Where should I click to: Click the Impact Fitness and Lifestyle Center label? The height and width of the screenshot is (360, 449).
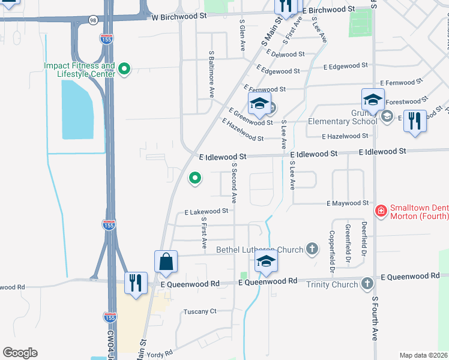tap(79, 70)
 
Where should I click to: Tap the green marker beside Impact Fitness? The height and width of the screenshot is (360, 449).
tap(124, 70)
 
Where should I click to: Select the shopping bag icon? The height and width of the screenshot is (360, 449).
tap(166, 262)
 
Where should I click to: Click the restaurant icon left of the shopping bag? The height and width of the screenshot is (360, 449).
tap(136, 283)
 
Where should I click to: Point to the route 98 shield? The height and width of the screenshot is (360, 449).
tap(92, 20)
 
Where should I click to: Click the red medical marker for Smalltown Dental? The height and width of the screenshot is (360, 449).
tap(380, 211)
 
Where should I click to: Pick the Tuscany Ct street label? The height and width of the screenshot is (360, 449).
tap(200, 311)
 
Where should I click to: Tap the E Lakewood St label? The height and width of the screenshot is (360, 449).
tap(206, 211)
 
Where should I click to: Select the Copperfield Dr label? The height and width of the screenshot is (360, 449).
tap(331, 248)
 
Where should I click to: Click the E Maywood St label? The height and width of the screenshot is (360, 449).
tap(348, 203)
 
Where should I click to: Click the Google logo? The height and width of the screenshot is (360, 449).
tap(20, 353)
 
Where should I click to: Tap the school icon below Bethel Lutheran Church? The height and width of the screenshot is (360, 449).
tap(266, 261)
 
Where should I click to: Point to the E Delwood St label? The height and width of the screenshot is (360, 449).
tap(276, 54)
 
